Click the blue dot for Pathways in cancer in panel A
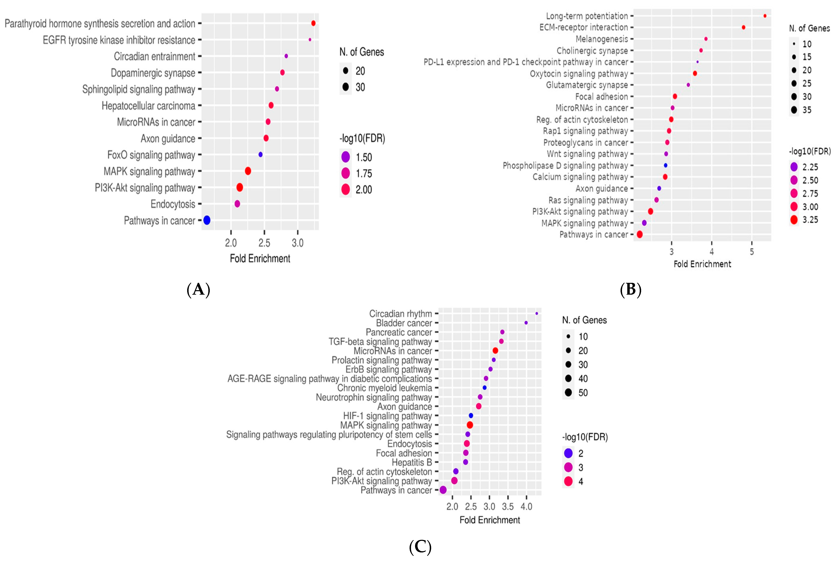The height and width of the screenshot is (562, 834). point(207,220)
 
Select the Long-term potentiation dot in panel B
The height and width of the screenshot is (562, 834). point(765,16)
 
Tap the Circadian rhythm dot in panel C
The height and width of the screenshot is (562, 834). point(536,313)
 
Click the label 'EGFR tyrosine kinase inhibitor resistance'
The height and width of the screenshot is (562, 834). point(119,40)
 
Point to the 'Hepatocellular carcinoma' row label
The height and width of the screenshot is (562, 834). point(148,106)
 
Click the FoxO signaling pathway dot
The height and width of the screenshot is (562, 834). point(260,155)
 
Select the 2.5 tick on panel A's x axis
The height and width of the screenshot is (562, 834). point(264,243)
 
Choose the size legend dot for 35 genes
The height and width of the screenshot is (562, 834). point(794,110)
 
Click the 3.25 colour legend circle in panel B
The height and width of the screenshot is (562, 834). point(794,219)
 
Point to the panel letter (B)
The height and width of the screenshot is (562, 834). point(630,289)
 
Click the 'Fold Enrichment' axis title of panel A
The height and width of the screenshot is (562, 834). point(260,258)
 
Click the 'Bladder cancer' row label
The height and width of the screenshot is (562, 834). point(404,323)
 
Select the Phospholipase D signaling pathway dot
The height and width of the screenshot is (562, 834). point(666,165)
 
